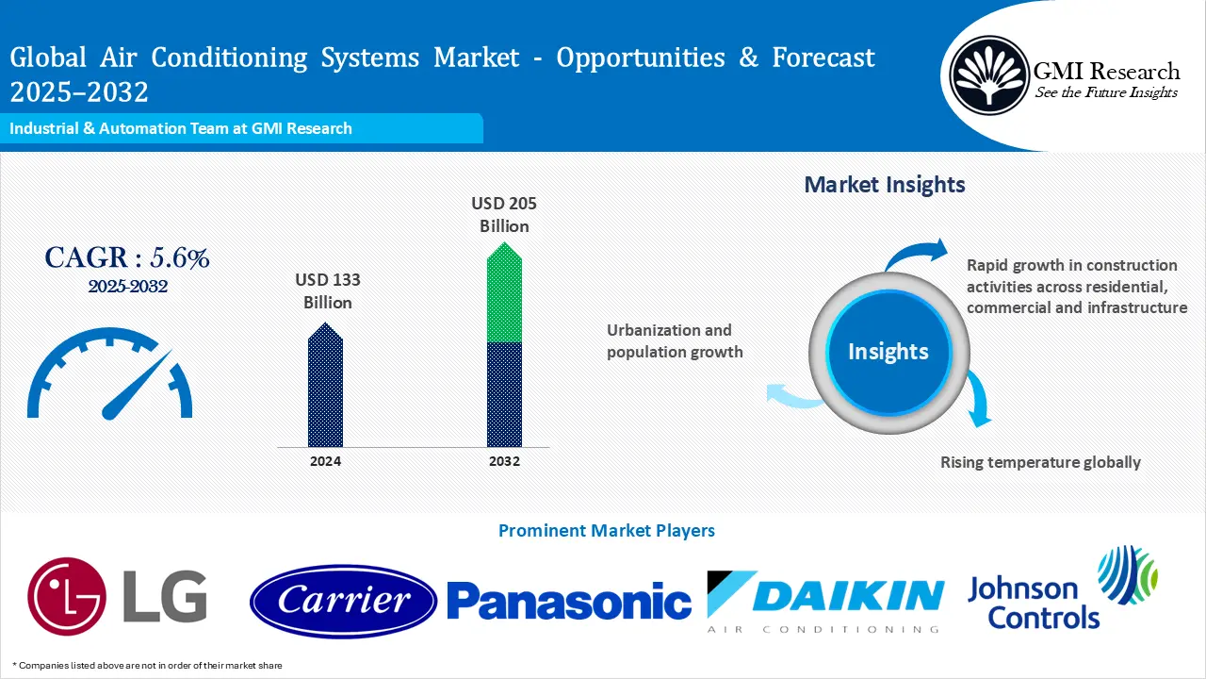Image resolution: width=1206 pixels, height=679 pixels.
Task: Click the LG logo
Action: click(x=117, y=596)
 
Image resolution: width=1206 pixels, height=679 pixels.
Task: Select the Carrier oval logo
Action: click(x=343, y=601)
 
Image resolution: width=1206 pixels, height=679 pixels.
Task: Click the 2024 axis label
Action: click(x=325, y=461)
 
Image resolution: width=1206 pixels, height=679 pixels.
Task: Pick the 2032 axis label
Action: click(x=504, y=461)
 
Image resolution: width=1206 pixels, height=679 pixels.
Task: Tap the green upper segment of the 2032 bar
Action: click(x=504, y=294)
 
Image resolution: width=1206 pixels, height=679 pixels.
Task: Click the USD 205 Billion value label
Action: click(x=504, y=215)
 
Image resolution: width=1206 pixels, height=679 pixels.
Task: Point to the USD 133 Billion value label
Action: click(x=327, y=291)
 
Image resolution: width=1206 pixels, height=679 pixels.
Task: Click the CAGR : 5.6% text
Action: click(x=127, y=257)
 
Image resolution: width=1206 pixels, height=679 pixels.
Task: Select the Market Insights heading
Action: click(x=885, y=185)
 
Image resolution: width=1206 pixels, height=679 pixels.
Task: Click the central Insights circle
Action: click(x=888, y=352)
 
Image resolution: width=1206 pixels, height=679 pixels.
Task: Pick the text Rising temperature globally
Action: click(x=1040, y=462)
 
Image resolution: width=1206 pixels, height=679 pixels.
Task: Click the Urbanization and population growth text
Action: click(x=674, y=341)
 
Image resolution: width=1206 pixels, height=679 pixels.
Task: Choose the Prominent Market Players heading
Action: click(x=606, y=531)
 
